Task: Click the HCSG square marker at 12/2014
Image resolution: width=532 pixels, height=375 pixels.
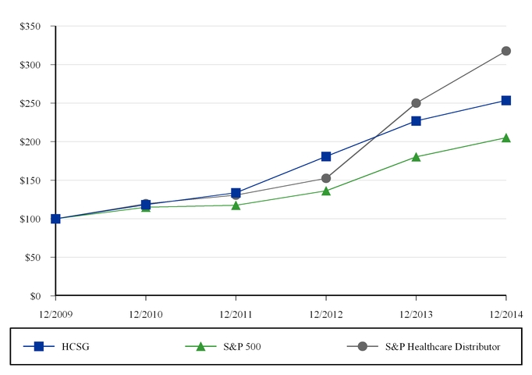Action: (x=506, y=101)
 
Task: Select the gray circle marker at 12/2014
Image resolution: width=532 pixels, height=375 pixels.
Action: (x=506, y=51)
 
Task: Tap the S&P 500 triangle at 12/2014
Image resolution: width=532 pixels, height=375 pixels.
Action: (x=506, y=138)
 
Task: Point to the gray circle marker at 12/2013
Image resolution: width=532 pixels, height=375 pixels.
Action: (x=416, y=103)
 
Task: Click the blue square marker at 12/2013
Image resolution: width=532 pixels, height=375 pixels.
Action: (x=416, y=121)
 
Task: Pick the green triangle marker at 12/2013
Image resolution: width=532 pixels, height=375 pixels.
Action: (x=416, y=157)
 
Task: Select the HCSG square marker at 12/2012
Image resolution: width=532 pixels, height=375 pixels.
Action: (x=326, y=156)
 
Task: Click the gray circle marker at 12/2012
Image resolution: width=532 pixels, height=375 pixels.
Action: (x=326, y=178)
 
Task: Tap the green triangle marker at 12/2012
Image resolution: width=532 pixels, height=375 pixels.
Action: (x=326, y=191)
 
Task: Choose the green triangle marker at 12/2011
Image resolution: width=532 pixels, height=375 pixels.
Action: (x=236, y=205)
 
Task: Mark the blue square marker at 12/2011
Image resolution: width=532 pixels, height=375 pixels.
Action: (x=236, y=193)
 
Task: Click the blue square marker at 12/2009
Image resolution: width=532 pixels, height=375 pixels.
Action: (x=55, y=219)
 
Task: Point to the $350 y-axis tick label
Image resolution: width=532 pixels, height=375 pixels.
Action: (x=30, y=26)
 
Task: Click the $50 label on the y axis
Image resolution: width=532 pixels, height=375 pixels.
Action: (x=33, y=258)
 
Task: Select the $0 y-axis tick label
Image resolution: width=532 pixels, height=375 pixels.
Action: (x=35, y=296)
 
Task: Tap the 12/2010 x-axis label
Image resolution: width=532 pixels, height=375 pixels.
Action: (x=146, y=315)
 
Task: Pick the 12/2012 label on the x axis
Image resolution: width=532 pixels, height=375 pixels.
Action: (x=326, y=315)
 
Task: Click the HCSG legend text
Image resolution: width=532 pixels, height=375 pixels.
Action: (x=76, y=346)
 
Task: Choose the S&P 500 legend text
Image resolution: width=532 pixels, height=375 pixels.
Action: (x=243, y=346)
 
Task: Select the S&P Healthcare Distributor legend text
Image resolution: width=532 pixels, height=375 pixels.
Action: (x=443, y=346)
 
